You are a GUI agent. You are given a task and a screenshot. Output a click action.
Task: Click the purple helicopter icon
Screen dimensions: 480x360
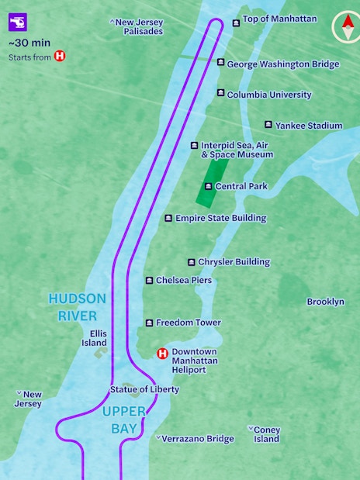coord(18,21)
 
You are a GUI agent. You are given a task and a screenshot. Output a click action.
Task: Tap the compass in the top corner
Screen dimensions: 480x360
coord(344,27)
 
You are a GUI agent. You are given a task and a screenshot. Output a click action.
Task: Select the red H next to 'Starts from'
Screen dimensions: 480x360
coord(60,57)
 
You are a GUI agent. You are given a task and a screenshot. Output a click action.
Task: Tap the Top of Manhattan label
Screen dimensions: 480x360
coord(279,19)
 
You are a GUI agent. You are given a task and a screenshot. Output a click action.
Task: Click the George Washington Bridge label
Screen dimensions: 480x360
coord(282,64)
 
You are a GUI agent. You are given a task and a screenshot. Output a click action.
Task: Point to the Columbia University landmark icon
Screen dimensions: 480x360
coord(221,94)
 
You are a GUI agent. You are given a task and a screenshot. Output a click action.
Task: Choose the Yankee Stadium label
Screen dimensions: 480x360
coord(308,126)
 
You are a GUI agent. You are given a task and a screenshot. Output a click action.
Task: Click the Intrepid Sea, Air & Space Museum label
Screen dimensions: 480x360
coord(237,150)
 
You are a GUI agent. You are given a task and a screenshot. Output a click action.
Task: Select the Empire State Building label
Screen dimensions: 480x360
coord(220,219)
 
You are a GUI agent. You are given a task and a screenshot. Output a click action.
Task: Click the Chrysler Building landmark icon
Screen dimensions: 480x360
coord(192,262)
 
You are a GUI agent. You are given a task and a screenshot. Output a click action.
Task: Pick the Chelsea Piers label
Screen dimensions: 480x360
coord(183,280)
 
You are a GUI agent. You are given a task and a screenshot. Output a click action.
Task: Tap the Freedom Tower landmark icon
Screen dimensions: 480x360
coord(149,323)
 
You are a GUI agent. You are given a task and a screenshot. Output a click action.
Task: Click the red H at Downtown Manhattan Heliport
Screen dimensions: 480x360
coord(162,354)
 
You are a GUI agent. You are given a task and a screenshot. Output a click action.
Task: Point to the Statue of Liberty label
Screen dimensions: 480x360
coord(144,389)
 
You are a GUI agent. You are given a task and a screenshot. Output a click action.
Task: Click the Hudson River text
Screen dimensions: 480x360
coord(73,307)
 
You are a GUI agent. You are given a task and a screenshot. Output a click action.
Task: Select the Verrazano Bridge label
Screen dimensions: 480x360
coord(197,439)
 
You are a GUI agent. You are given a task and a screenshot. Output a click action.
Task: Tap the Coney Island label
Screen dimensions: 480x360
coord(266,434)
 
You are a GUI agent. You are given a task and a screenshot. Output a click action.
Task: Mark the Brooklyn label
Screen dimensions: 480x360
coord(325,302)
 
